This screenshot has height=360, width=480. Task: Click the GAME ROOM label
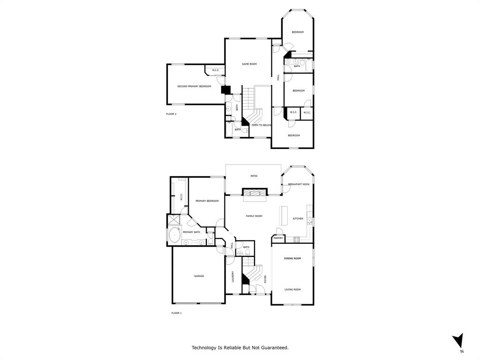coord(249,64)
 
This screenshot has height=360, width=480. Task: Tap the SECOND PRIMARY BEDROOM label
coord(194,86)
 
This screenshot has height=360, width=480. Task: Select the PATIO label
coord(253,176)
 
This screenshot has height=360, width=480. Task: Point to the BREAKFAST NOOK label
coord(299,184)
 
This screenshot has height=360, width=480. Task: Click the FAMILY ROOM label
coord(254,216)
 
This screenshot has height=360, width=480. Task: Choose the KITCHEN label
coord(298,219)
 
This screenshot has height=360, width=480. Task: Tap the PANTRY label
coord(278,238)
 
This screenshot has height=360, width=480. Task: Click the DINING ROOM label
coord(292,258)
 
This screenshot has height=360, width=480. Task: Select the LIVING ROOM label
coord(292,290)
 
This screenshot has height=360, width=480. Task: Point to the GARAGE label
coord(199,276)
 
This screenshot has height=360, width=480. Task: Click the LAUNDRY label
coord(233,277)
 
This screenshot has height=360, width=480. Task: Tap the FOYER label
coord(265,279)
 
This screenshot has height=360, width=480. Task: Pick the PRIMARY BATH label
coord(191,232)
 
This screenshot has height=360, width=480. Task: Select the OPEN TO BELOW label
coord(262,125)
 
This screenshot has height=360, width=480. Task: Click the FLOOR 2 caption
coord(171,114)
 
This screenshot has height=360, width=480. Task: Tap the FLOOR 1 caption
coord(176,313)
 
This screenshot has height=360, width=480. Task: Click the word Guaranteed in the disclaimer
coord(273,348)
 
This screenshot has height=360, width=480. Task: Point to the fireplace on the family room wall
coord(254,192)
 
